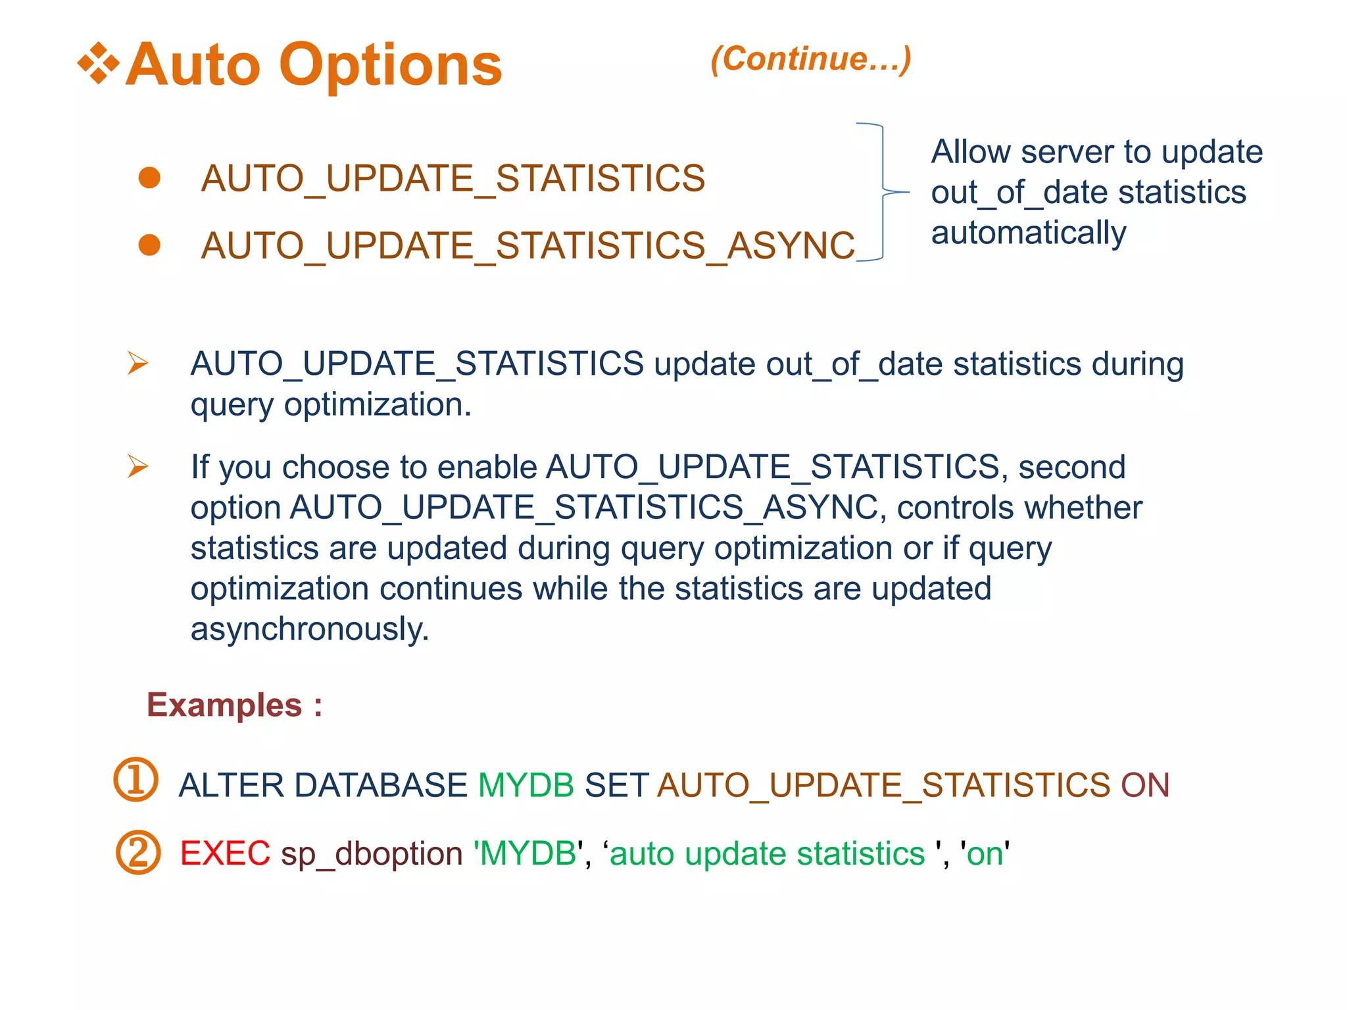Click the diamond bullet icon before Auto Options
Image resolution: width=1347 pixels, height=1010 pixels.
[99, 64]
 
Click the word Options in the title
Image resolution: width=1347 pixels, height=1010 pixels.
[391, 65]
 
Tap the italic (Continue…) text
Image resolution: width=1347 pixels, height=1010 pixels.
[811, 59]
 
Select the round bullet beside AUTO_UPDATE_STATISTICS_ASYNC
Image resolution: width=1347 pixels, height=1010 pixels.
[150, 245]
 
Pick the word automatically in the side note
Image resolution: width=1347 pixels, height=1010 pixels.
[1029, 233]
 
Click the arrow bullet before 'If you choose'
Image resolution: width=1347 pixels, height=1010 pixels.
[138, 466]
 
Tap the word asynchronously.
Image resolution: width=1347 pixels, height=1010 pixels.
[310, 629]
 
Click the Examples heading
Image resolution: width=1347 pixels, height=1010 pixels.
[234, 706]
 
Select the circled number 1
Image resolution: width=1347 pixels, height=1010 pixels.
[136, 780]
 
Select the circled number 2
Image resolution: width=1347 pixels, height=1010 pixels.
[138, 852]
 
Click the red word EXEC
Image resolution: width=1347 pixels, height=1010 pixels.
[225, 854]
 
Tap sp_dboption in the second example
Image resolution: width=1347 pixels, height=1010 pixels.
[372, 854]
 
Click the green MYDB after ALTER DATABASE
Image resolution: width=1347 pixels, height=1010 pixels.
[526, 785]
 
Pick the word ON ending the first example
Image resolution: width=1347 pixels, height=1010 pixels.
[1145, 785]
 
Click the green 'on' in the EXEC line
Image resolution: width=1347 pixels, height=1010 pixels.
[985, 854]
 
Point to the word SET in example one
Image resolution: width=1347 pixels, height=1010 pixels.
[616, 785]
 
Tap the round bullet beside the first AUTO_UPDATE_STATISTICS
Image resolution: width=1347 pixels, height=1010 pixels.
[150, 178]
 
